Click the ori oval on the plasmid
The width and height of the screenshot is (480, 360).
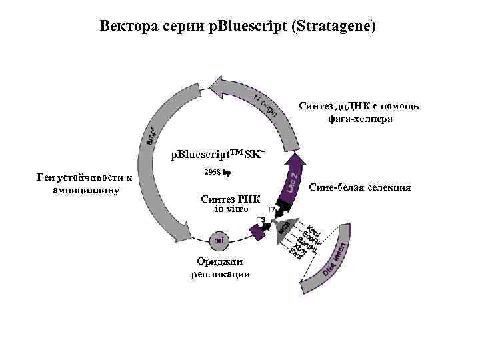click(x=219, y=238)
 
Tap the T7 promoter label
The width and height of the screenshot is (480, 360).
click(x=272, y=210)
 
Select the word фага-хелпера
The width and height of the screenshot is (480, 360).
click(x=359, y=119)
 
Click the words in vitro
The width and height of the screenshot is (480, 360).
click(x=231, y=209)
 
